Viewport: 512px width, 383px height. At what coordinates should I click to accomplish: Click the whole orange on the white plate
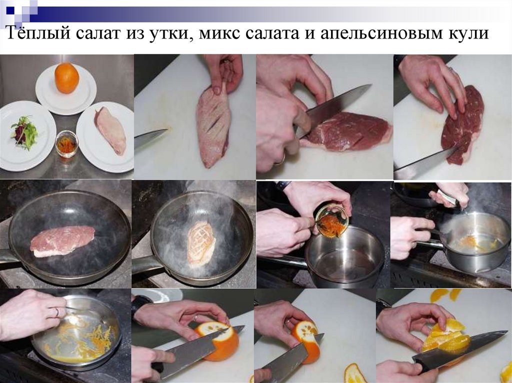(x=66, y=78)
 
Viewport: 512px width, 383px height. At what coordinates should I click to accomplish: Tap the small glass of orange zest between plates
(x=66, y=144)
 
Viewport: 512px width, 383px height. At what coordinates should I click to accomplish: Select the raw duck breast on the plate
(x=110, y=129)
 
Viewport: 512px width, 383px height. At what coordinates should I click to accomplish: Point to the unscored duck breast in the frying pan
(x=62, y=241)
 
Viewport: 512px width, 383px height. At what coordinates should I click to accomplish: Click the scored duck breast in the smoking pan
(x=201, y=243)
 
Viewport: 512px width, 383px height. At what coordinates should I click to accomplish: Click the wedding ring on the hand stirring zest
(x=56, y=312)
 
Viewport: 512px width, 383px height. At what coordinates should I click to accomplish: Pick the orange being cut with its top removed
(x=218, y=341)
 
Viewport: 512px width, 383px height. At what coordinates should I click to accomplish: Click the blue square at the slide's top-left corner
(x=10, y=10)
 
